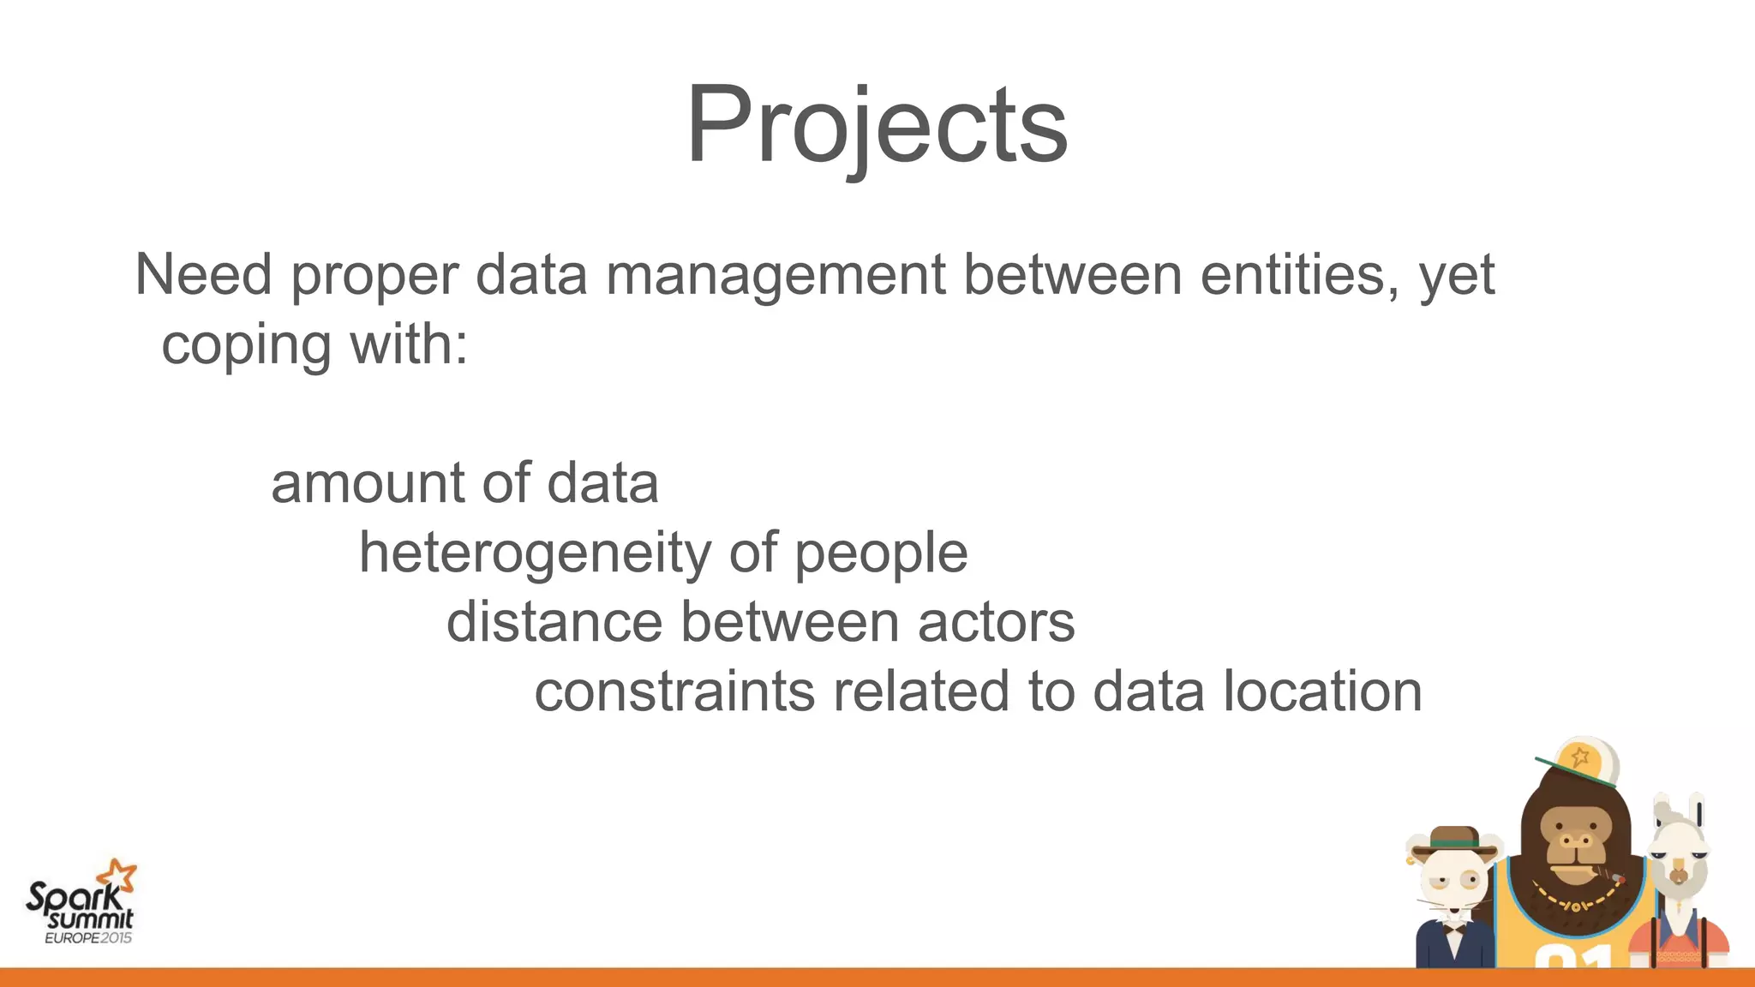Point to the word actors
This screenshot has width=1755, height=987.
(996, 622)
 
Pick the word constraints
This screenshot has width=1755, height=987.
(674, 692)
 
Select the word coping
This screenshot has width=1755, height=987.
(246, 346)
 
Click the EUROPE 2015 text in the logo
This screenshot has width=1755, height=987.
(88, 938)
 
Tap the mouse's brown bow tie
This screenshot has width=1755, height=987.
(1453, 928)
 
